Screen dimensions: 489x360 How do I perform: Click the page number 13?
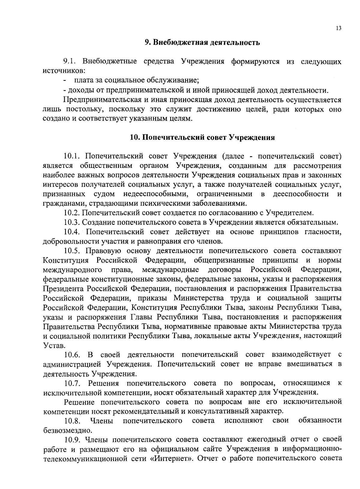pos(339,28)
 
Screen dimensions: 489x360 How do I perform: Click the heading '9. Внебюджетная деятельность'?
pos(202,42)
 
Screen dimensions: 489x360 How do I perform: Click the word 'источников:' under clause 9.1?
pos(64,71)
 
